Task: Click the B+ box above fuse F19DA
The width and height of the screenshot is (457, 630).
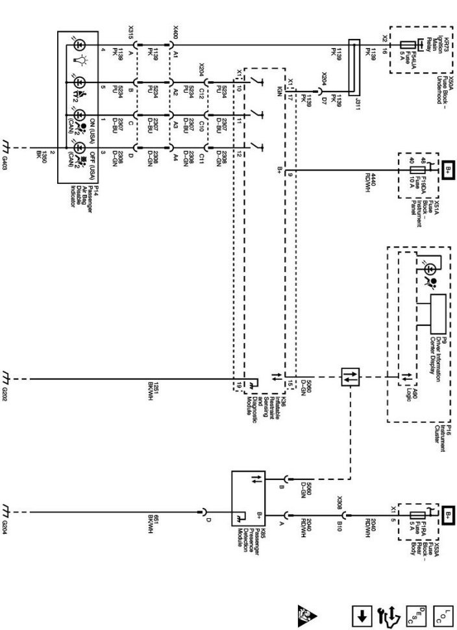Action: click(448, 170)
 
